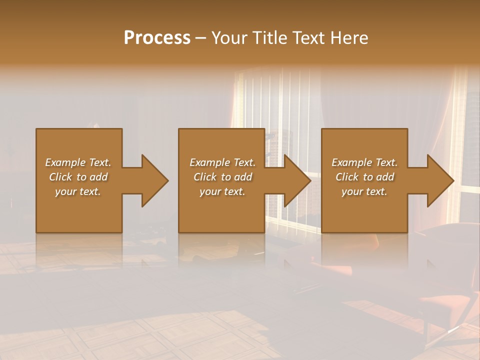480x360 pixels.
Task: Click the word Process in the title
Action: point(157,38)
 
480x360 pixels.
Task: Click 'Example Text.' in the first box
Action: point(78,162)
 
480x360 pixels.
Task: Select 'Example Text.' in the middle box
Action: point(222,162)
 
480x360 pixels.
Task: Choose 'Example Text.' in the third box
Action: point(364,162)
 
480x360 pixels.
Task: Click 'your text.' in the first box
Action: point(78,191)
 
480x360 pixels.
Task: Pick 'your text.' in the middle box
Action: point(222,191)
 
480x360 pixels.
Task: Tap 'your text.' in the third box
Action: point(364,191)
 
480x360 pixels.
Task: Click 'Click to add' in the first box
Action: point(78,177)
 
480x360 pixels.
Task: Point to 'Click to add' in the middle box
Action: point(222,177)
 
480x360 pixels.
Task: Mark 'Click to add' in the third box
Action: point(364,177)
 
